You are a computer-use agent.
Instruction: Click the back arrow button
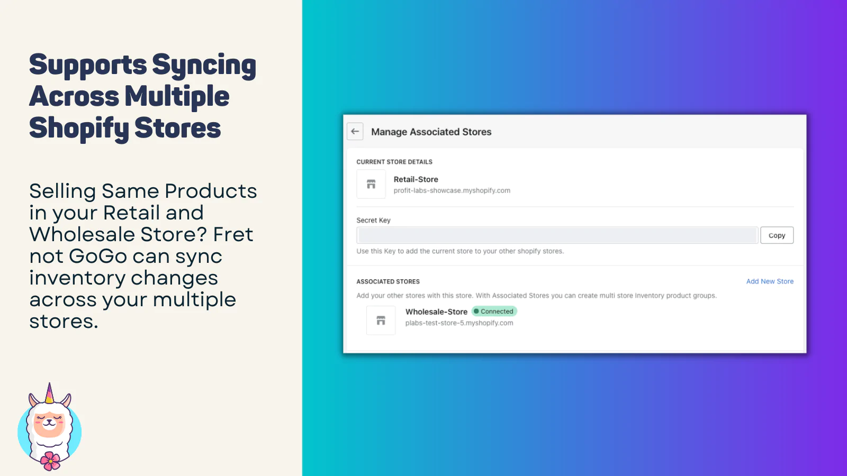point(355,132)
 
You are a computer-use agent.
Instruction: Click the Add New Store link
point(770,281)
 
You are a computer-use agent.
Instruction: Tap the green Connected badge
point(494,312)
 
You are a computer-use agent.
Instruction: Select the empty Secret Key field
point(557,235)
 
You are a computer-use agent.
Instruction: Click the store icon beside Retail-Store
point(371,184)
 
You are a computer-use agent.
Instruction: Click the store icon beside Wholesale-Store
point(381,321)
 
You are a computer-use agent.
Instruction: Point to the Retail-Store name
point(416,179)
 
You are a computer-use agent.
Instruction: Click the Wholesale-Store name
point(436,312)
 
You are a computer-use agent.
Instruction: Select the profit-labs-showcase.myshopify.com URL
point(452,191)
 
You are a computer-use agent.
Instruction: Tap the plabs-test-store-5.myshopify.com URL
point(459,323)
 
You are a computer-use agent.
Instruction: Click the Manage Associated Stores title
point(431,132)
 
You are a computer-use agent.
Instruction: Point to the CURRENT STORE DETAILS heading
point(394,162)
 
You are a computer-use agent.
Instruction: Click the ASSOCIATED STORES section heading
point(388,281)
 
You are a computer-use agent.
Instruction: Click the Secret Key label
point(373,220)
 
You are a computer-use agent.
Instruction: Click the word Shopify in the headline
point(79,129)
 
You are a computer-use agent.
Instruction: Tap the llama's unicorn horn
point(49,393)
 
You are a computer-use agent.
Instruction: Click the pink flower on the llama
point(50,461)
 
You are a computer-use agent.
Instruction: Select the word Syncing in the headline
point(204,66)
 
